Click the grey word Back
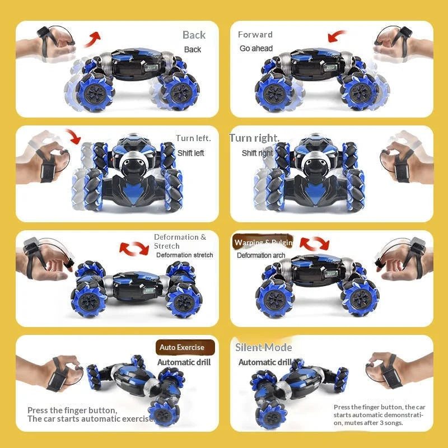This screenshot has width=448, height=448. coord(194,35)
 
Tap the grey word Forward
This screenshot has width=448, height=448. coord(255,35)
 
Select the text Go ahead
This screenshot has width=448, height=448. coord(256,49)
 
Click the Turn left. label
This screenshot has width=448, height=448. coord(193,138)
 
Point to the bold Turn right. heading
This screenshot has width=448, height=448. coord(254,138)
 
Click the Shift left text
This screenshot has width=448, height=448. coord(191,153)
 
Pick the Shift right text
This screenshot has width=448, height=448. coord(258,153)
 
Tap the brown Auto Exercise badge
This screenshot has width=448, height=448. coord(185,347)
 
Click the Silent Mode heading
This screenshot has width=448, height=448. coord(263,348)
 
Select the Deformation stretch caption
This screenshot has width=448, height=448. coord(184,255)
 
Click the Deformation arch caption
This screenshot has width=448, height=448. coord(261,255)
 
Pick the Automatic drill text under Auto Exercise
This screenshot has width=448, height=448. coord(184,362)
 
